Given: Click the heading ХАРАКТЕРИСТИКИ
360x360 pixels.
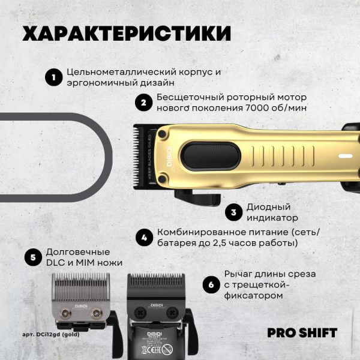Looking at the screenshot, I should click(x=126, y=34).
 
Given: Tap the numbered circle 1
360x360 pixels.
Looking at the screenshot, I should click(x=53, y=77).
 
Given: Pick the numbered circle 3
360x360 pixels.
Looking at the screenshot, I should click(x=233, y=212).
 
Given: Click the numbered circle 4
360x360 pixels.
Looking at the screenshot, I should click(x=143, y=238).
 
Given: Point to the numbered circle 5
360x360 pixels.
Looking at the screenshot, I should click(x=32, y=257).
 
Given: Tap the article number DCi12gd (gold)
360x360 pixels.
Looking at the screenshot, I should click(x=50, y=334).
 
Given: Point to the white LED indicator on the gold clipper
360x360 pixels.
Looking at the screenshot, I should click(x=345, y=156).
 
